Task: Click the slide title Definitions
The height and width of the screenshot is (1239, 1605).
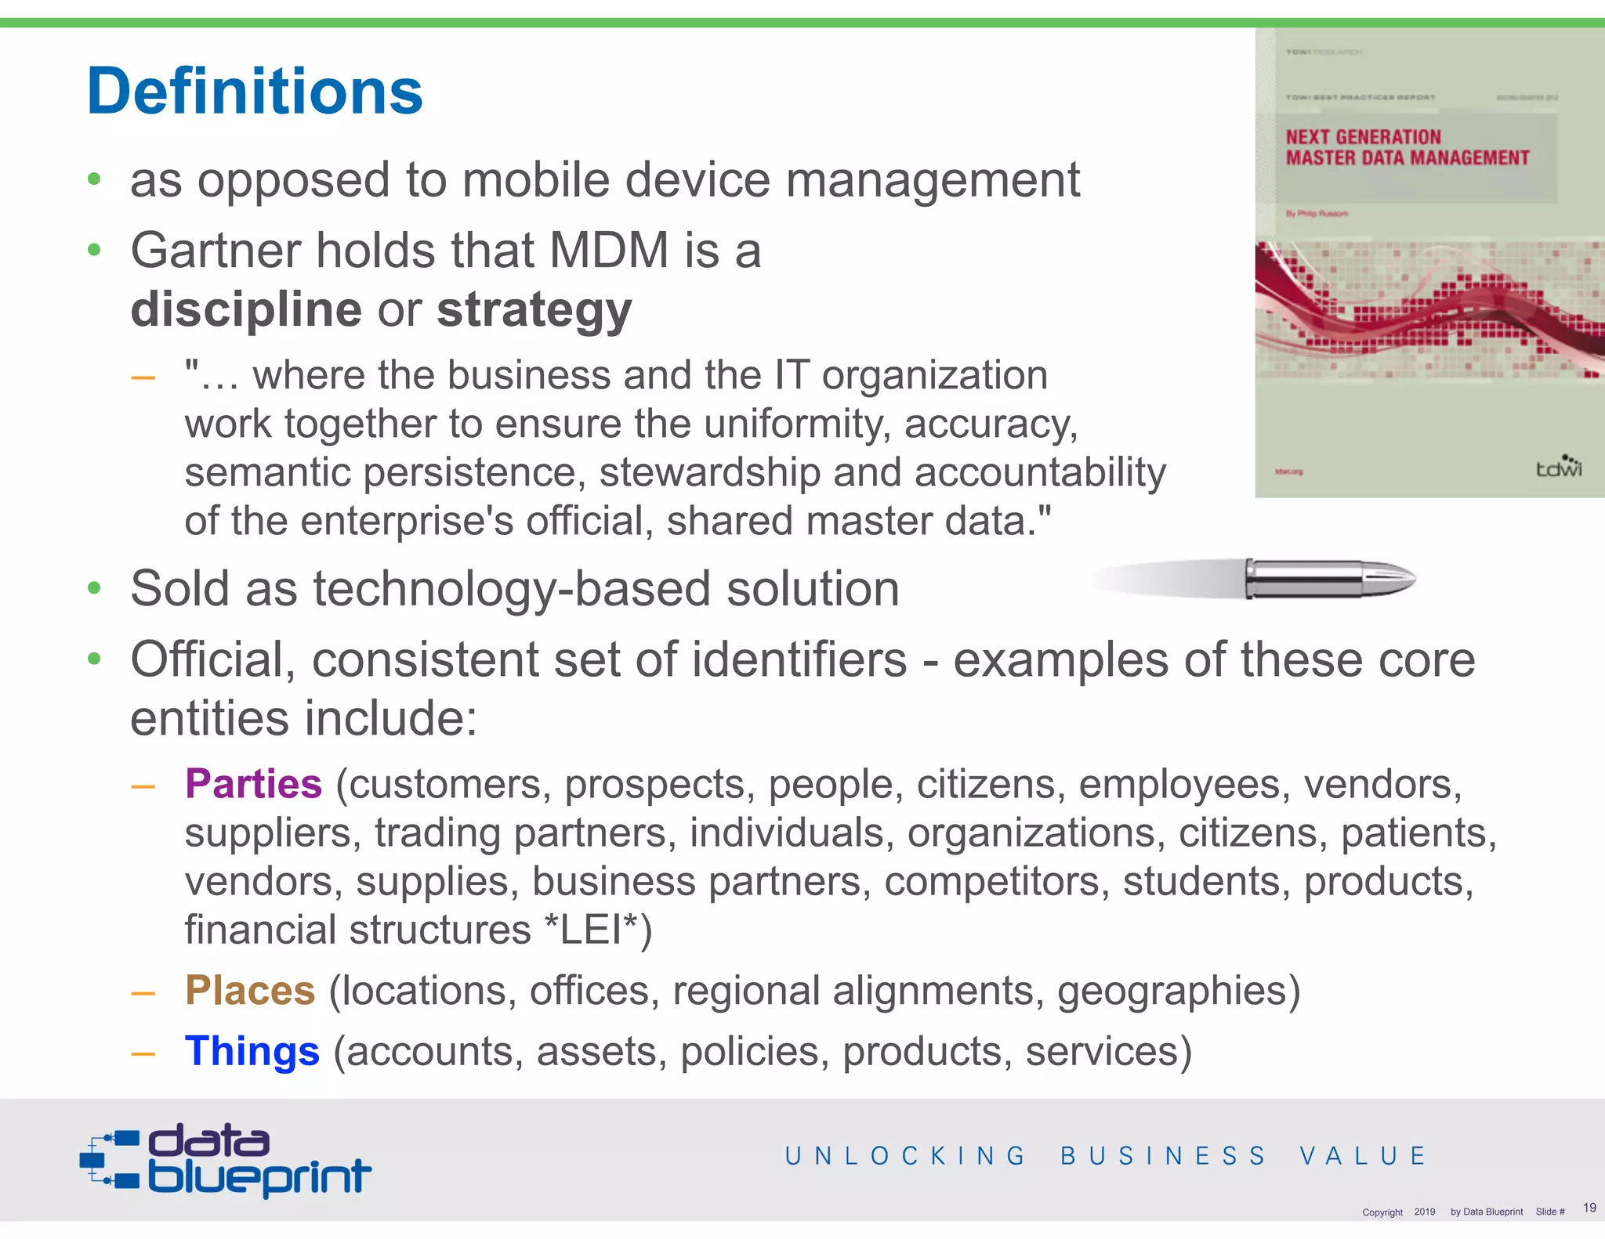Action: coord(255,92)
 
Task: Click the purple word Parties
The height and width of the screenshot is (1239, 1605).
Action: coord(253,784)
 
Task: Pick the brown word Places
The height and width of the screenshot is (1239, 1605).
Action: coord(250,991)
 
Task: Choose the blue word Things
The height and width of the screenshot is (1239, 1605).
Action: coord(252,1051)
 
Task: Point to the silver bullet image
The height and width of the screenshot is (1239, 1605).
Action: coord(1324,580)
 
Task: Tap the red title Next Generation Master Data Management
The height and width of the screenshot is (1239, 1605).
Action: coord(1407,148)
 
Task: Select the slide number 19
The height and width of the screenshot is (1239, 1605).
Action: coord(1589,1208)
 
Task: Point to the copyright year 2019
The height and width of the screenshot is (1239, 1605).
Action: coord(1424,1212)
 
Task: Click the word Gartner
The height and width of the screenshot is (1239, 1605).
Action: coord(216,251)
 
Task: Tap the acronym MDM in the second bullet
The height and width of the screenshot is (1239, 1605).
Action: coord(609,251)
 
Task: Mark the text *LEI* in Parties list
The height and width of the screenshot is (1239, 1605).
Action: coord(591,930)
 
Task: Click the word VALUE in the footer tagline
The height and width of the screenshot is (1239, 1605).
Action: coord(1363,1156)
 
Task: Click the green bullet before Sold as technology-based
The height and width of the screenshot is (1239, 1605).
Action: coord(95,588)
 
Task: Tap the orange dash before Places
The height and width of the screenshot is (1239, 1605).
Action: coord(143,993)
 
